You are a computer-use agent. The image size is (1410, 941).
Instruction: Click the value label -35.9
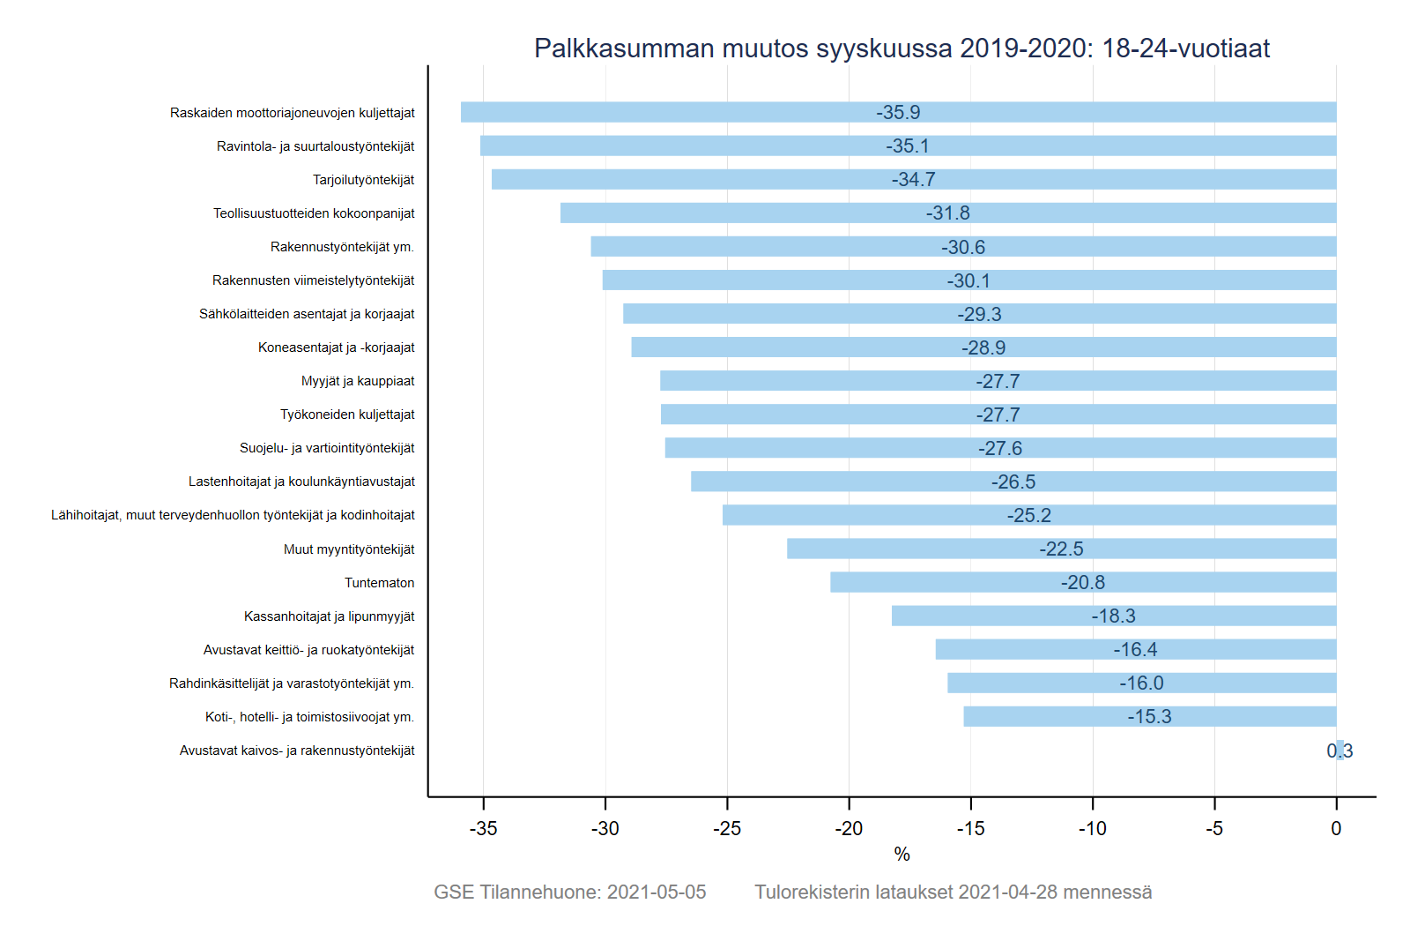(898, 112)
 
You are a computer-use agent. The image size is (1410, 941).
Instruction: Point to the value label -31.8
(947, 213)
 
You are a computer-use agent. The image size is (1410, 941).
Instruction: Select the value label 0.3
(1339, 751)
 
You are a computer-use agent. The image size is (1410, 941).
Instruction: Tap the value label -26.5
(1013, 482)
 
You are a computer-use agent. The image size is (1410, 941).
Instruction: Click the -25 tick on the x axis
(727, 828)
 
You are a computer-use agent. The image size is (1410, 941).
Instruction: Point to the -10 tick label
(1092, 828)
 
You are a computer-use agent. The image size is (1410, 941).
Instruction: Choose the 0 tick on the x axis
(1336, 828)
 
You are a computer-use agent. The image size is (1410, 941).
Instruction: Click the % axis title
(902, 854)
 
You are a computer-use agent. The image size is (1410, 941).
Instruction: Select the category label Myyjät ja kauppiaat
(358, 381)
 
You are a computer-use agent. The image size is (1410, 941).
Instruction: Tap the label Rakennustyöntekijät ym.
(342, 247)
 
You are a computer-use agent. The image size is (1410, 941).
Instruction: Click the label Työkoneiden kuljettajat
(347, 414)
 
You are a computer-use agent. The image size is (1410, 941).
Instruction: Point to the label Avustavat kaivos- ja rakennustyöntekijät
(297, 751)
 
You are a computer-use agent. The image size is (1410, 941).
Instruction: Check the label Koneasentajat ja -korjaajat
(336, 347)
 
